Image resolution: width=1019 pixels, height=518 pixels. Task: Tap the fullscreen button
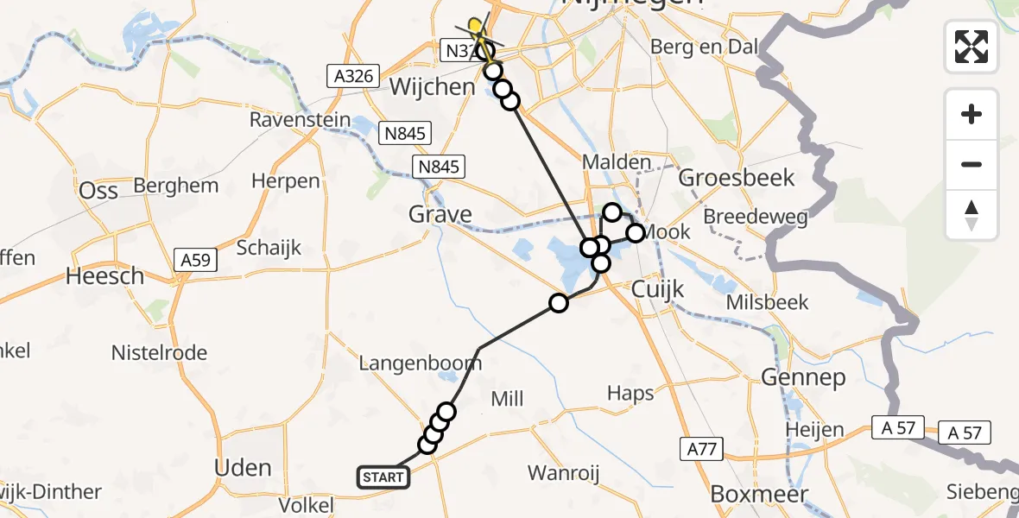point(972,46)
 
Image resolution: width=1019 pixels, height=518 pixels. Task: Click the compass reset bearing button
point(972,215)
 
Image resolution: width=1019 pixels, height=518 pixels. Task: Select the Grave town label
point(441,214)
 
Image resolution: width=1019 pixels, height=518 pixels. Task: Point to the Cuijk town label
point(658,288)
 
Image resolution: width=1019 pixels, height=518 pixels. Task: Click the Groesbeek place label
point(736,178)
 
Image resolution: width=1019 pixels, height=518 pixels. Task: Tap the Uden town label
point(243,468)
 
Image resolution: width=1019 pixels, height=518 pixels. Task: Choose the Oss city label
point(98,190)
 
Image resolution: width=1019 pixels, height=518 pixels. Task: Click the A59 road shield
point(196,259)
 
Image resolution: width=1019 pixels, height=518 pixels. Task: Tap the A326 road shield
point(354,76)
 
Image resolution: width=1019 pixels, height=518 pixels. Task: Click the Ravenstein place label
point(300,120)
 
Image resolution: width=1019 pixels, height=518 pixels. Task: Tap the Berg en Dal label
point(696,47)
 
